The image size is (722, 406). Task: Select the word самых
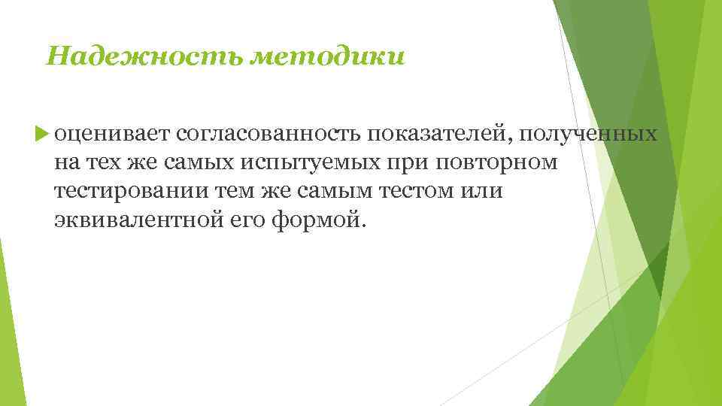[207, 162]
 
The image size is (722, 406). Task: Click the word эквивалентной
[136, 221]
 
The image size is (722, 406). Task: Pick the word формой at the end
[319, 221]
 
